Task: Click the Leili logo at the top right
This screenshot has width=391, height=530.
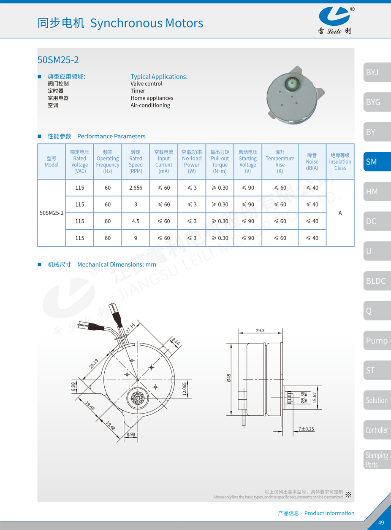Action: [x=335, y=20]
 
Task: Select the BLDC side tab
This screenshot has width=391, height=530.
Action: [x=376, y=281]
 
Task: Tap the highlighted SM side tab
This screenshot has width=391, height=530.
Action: [x=376, y=161]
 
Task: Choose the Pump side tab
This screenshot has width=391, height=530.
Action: [x=376, y=340]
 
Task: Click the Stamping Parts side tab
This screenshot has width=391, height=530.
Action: [x=376, y=460]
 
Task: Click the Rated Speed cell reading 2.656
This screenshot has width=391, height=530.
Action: [x=136, y=188]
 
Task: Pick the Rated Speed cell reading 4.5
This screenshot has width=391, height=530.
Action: [x=136, y=221]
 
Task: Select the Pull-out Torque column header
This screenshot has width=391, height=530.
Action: [x=220, y=161]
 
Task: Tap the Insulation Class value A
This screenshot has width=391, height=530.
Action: [x=340, y=213]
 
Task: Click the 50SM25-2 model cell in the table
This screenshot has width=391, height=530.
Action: [x=52, y=213]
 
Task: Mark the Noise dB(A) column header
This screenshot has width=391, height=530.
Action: [x=312, y=161]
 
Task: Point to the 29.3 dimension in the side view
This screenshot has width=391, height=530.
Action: [x=260, y=331]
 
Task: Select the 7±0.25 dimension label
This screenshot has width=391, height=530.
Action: [x=306, y=429]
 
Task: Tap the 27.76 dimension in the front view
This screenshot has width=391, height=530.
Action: [x=130, y=327]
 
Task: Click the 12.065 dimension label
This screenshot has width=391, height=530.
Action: [x=184, y=389]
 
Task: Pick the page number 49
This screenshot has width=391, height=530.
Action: [x=381, y=522]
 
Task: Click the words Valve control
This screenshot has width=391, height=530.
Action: [x=146, y=83]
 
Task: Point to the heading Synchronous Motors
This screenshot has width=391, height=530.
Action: [x=147, y=23]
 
